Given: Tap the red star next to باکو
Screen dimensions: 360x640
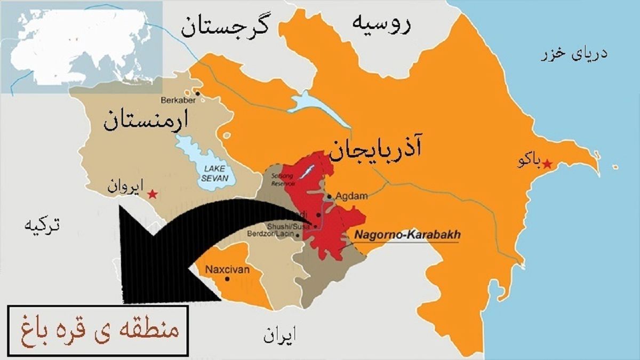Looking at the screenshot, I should [546, 164].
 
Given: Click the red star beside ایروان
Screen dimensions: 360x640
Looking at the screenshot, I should [153, 194].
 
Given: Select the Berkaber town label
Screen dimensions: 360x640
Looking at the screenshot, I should [177, 100].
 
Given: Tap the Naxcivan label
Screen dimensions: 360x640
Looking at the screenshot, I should [227, 269].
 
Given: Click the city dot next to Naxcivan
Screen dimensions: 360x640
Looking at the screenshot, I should [228, 278].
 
